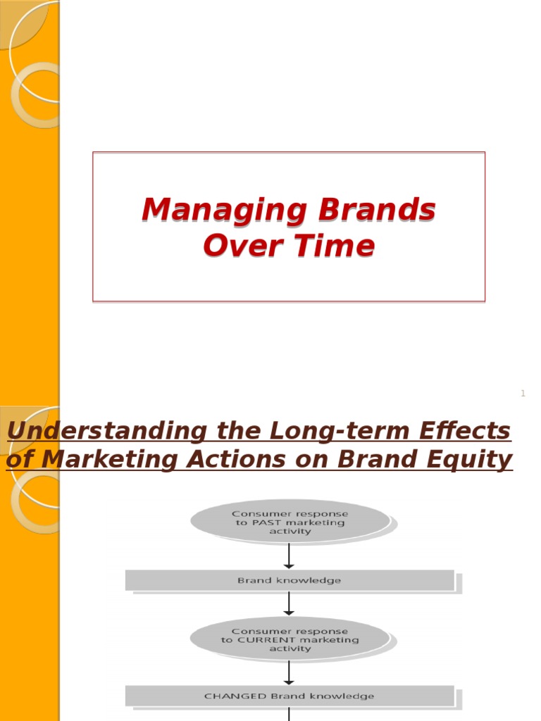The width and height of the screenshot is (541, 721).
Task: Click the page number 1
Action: tap(523, 394)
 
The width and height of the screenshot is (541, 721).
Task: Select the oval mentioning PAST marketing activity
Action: tap(290, 522)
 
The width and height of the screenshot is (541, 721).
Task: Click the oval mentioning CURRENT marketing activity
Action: tap(290, 639)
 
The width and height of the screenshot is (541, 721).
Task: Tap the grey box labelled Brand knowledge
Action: tap(290, 580)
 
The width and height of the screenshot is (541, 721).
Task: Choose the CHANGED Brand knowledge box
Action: tap(290, 696)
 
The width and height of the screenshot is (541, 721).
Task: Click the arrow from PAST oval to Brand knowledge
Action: tap(289, 556)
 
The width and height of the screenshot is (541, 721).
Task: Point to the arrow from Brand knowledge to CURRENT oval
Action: tap(289, 603)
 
